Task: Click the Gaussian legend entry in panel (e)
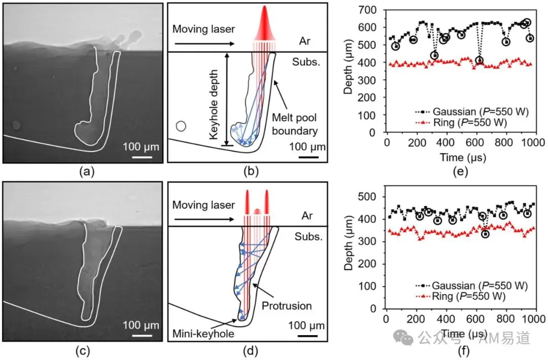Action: (472, 112)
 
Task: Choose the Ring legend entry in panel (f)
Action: (461, 297)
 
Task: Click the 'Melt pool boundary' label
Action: (295, 124)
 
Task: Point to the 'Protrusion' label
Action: (287, 306)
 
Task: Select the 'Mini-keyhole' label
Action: (203, 334)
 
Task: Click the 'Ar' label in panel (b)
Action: (304, 41)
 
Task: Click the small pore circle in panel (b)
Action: (181, 126)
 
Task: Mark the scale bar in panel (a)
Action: (142, 157)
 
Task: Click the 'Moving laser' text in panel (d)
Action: (203, 205)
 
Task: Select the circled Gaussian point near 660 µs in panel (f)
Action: (485, 234)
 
